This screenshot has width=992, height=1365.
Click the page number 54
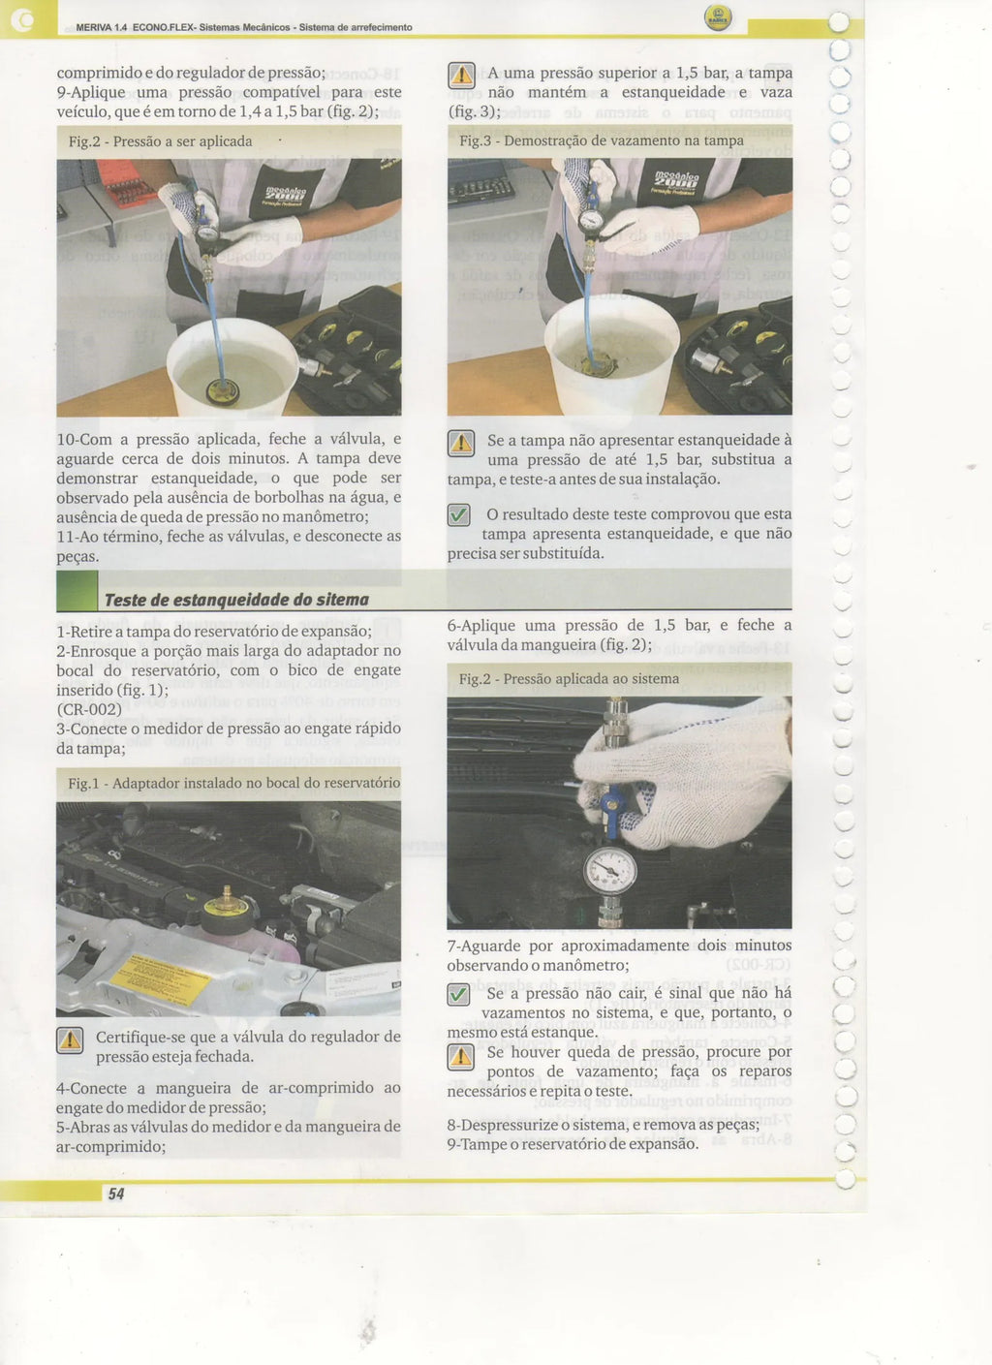click(x=116, y=1194)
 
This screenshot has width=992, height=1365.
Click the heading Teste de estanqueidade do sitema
click(x=236, y=601)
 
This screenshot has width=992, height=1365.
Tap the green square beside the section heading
click(x=77, y=591)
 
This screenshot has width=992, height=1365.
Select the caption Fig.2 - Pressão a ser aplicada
click(x=160, y=141)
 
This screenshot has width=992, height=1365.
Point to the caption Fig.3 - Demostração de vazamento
click(x=602, y=140)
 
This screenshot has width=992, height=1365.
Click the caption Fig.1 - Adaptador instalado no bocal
click(x=234, y=783)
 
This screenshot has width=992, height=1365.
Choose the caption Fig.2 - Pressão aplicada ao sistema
click(x=569, y=679)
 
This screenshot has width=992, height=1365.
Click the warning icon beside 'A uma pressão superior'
click(x=461, y=75)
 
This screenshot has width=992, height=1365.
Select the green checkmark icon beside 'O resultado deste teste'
click(x=459, y=515)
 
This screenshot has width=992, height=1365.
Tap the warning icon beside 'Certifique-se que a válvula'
click(x=70, y=1040)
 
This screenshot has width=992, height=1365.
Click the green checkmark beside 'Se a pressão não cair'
click(x=458, y=995)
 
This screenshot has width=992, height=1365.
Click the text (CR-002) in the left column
click(x=89, y=709)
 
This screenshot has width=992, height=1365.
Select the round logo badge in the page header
click(x=719, y=17)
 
